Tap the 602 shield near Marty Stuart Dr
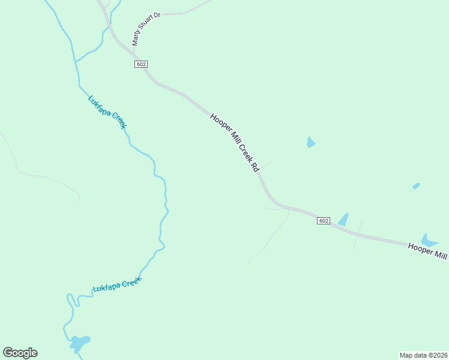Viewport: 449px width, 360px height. point(141,64)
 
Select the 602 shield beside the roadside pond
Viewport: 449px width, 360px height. point(324,221)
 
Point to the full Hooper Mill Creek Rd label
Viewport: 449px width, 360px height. point(234,142)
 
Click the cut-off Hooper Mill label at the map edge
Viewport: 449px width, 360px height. point(427,251)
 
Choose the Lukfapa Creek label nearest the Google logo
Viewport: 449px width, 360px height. point(116,284)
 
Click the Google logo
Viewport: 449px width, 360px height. point(20,353)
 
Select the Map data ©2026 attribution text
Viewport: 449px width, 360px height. point(424,355)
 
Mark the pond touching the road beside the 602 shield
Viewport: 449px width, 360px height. point(343,220)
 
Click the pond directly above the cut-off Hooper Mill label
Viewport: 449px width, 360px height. point(429,240)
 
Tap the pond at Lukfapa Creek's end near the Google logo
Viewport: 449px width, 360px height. point(79,343)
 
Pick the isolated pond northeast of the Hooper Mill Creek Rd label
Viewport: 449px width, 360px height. point(310,142)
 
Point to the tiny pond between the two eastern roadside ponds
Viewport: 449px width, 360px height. point(416,187)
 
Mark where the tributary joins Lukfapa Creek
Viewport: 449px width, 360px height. point(74,61)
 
